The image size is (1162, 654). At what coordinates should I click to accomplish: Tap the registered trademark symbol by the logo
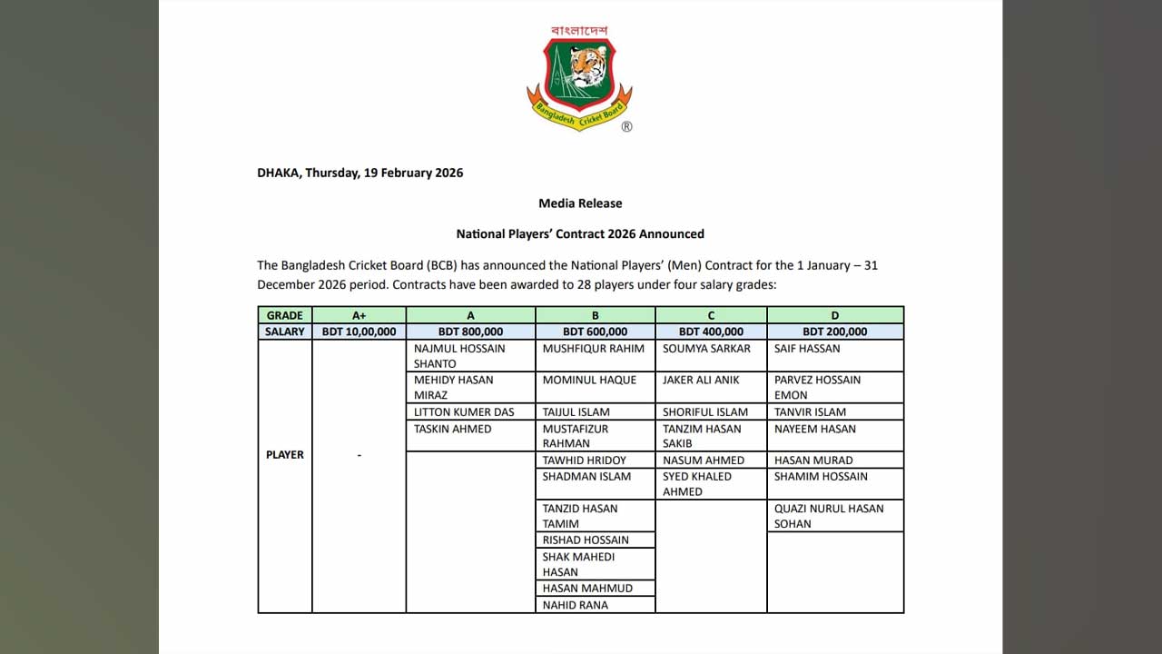[x=626, y=127]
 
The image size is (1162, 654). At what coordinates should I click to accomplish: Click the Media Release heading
[x=580, y=203]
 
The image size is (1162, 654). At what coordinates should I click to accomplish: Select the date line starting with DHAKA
[x=359, y=173]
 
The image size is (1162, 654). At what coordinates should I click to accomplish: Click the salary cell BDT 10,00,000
[x=359, y=332]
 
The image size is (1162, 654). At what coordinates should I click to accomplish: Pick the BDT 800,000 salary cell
[x=470, y=332]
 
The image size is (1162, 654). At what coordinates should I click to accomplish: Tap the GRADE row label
[x=284, y=315]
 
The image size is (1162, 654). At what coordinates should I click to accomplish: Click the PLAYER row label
[x=284, y=454]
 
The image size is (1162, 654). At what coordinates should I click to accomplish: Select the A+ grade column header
[x=359, y=315]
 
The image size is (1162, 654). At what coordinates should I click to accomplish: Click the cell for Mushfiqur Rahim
[x=594, y=349]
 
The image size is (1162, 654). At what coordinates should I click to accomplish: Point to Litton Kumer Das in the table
[x=464, y=411]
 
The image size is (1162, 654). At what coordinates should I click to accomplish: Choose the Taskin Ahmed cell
[x=452, y=429]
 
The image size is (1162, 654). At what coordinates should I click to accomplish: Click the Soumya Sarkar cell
[x=706, y=349]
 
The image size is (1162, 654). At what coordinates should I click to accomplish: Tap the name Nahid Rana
[x=576, y=605]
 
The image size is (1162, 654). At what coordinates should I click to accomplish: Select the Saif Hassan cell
[x=807, y=349]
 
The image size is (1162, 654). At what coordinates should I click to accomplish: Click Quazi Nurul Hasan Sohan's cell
[x=828, y=516]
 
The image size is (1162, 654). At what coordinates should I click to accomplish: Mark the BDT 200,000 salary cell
[x=834, y=332]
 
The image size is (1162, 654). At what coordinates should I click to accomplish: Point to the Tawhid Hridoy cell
[x=585, y=461]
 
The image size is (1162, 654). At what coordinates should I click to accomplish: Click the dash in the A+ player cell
[x=359, y=455]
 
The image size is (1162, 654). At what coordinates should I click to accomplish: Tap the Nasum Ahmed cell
[x=704, y=461]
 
